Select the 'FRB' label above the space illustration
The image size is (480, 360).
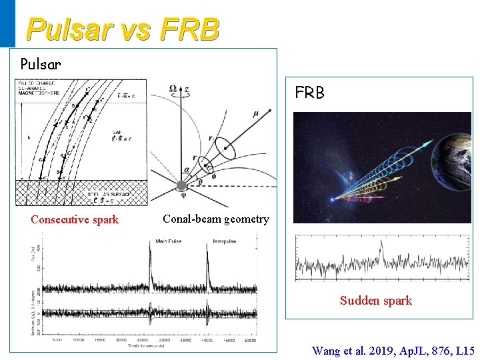pos(310,93)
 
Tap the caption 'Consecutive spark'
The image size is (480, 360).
pos(75,220)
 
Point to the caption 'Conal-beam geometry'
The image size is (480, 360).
pos(216,219)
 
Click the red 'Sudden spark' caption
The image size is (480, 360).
pos(376,301)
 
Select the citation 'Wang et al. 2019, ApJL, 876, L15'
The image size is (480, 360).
pos(393,350)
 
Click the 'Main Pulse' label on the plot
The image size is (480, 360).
pos(171,241)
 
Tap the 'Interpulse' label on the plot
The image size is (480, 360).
pos(225,241)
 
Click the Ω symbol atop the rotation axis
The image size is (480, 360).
pos(173,89)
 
